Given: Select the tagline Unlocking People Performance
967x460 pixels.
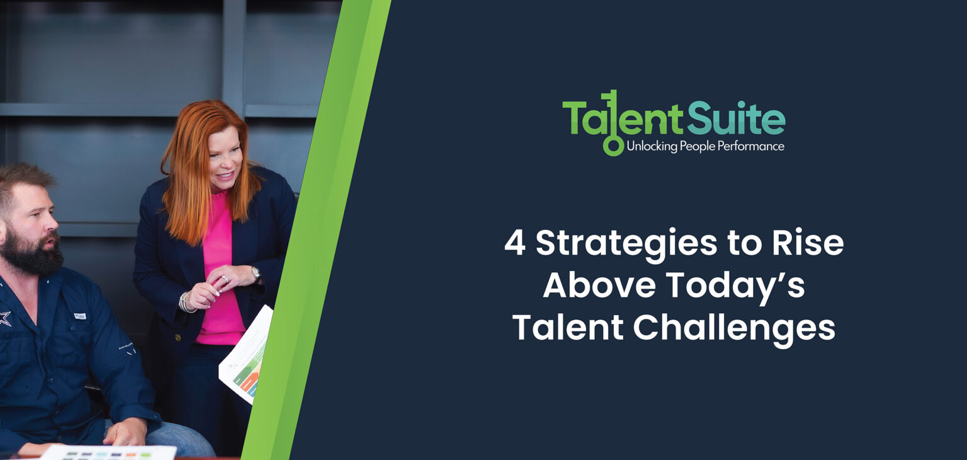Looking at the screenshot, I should coord(705,147).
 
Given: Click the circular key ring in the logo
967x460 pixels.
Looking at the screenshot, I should coord(612,146).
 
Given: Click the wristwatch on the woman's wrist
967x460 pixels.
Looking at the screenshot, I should coord(256,273).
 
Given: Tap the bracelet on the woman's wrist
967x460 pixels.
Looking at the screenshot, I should coord(184,303).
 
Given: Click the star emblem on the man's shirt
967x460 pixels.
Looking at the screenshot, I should coord(4,318).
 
